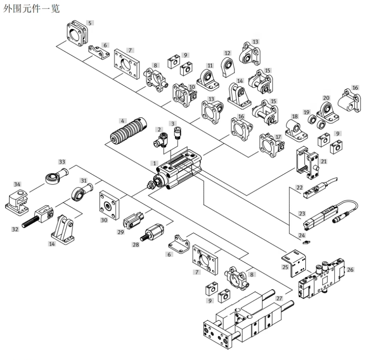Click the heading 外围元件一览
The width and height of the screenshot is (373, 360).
tap(31, 8)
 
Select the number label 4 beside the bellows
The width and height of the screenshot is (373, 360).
tap(123, 121)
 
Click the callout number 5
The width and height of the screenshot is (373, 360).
tap(90, 22)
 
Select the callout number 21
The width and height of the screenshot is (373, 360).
tap(323, 161)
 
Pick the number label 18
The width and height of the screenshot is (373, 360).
tap(295, 116)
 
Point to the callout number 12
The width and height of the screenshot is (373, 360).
tap(228, 53)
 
